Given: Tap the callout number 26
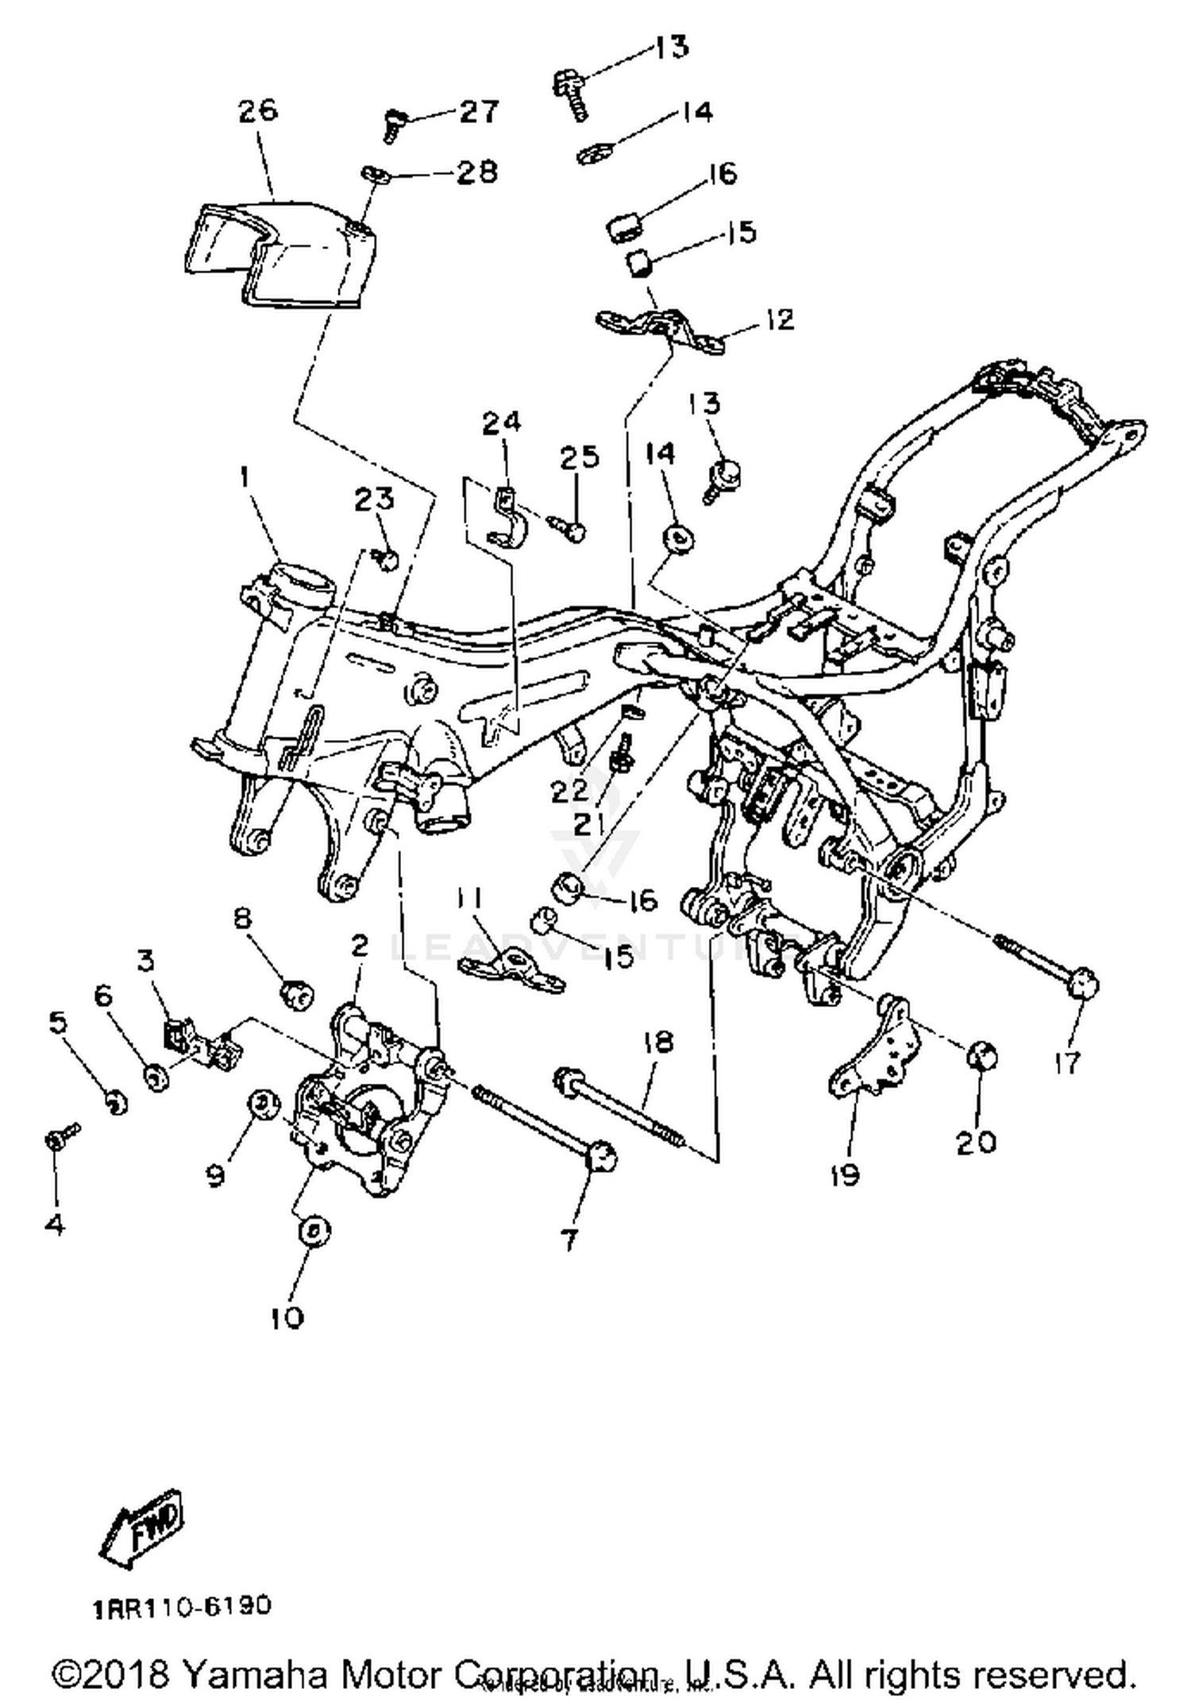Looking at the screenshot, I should click(x=258, y=110).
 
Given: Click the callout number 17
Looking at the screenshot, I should click(x=1067, y=1062).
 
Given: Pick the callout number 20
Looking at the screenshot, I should click(x=976, y=1143).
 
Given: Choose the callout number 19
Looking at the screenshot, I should click(x=846, y=1174).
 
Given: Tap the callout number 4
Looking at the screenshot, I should click(x=54, y=1224).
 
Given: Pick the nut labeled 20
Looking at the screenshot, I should click(x=981, y=1057).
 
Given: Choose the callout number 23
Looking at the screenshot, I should click(x=374, y=499).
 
